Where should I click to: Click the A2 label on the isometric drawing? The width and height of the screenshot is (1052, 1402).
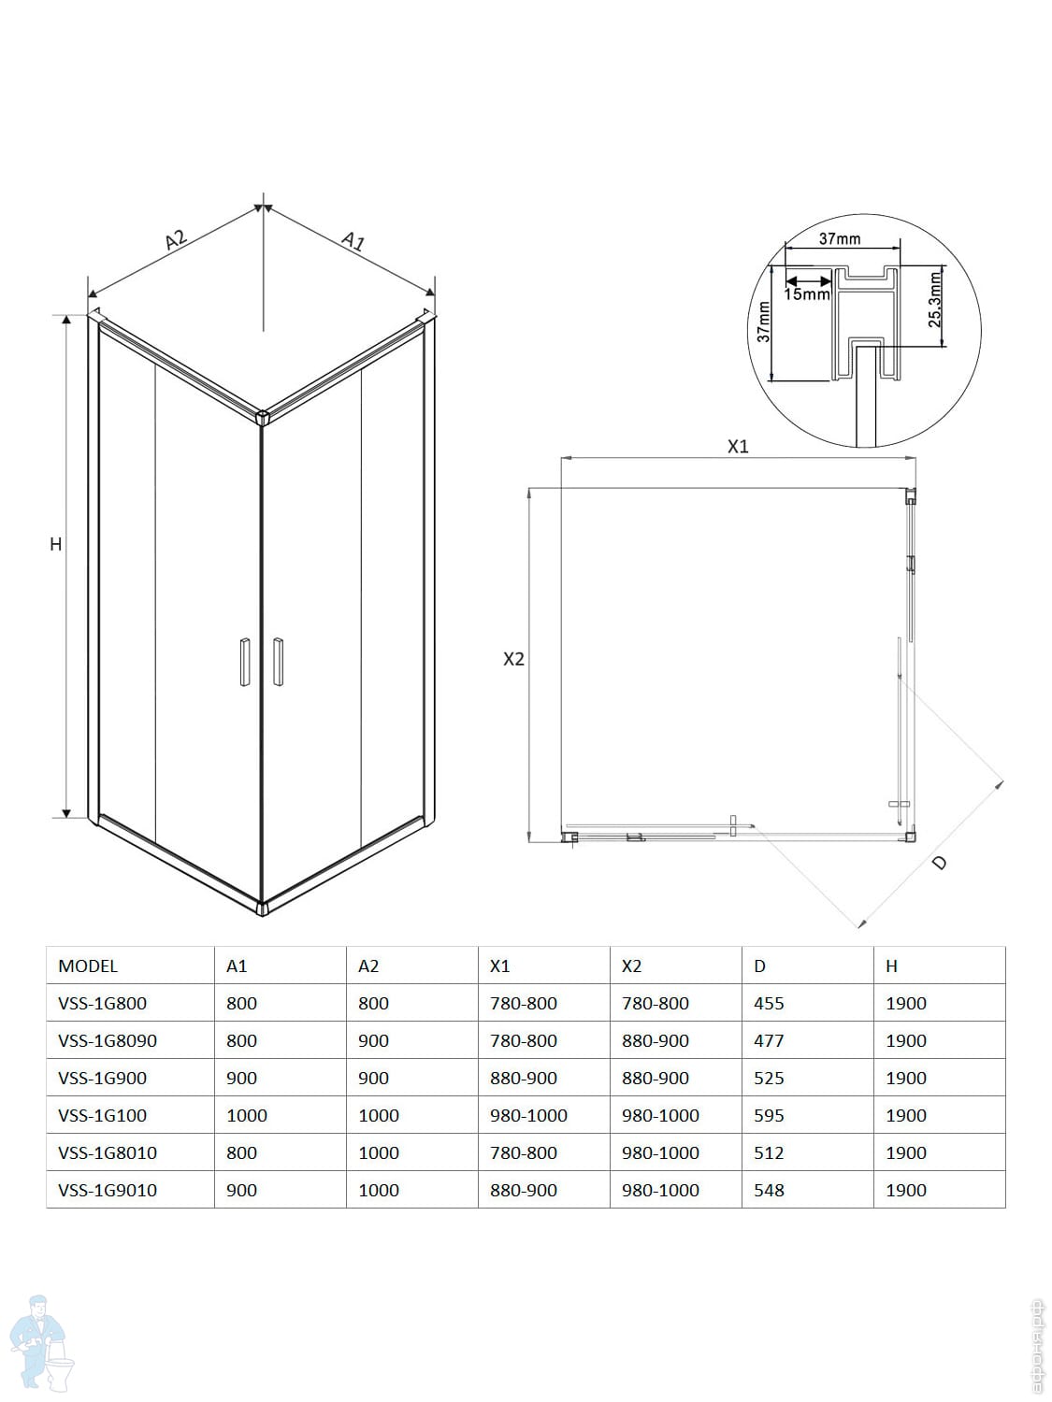[x=177, y=239]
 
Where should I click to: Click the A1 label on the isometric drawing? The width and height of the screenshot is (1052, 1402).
[x=353, y=241]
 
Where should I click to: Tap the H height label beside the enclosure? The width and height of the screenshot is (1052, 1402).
[x=56, y=544]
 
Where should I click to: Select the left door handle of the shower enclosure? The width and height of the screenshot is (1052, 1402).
[x=245, y=662]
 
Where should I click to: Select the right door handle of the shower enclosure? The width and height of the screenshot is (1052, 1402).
[x=278, y=662]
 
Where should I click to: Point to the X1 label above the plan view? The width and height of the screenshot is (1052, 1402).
[x=738, y=447]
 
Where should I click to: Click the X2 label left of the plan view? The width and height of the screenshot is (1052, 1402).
[x=513, y=659]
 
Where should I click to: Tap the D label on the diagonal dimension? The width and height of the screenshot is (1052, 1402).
[x=939, y=864]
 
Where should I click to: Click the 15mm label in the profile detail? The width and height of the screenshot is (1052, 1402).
[x=807, y=294]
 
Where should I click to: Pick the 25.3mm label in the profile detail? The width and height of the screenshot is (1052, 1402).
[x=935, y=300]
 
